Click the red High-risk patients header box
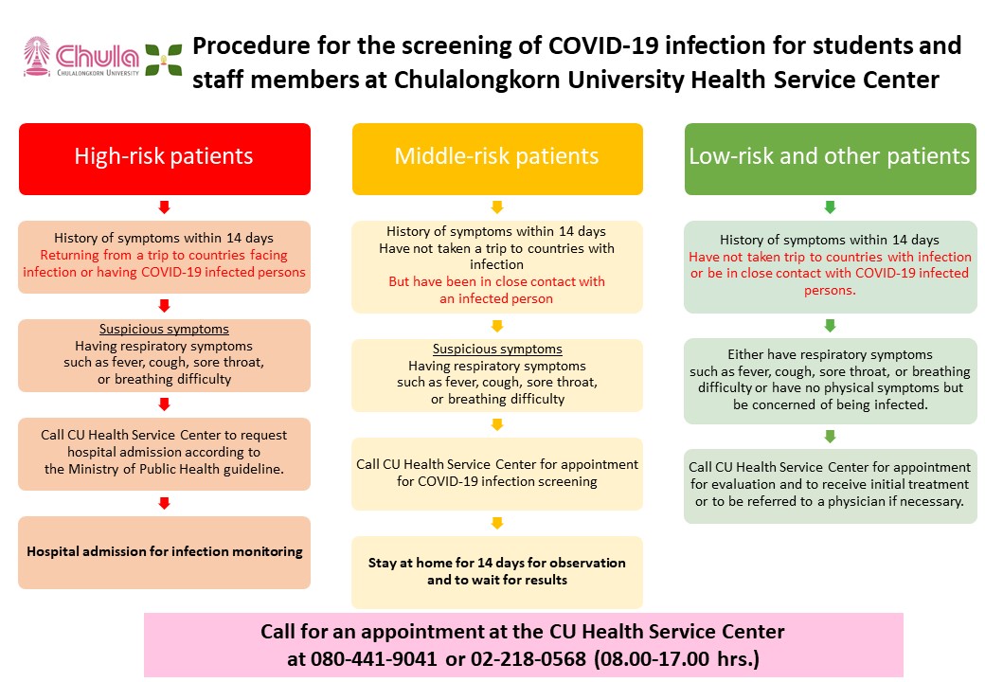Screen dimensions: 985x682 coord(165,159)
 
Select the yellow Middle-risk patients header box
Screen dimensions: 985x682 coord(497,159)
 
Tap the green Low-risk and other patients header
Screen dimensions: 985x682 coord(830,159)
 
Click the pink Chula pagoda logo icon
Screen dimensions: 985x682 coord(36,57)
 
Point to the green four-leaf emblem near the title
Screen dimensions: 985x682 coord(163,60)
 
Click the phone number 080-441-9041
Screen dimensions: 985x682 coord(374,658)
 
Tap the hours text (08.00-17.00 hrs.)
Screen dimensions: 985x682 coord(676,658)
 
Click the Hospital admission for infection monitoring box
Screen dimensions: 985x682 coord(165,552)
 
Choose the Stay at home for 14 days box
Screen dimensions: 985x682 coord(497,572)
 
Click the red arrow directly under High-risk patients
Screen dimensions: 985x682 coord(165,207)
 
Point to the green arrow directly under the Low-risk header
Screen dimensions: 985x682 coord(830,207)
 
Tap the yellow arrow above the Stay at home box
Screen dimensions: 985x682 coord(497,523)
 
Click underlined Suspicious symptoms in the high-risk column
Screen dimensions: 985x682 coord(164,329)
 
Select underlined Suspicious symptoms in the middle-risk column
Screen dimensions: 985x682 coord(497,350)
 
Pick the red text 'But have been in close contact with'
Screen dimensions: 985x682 coord(497,281)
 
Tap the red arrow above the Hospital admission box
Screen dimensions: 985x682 coord(165,503)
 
